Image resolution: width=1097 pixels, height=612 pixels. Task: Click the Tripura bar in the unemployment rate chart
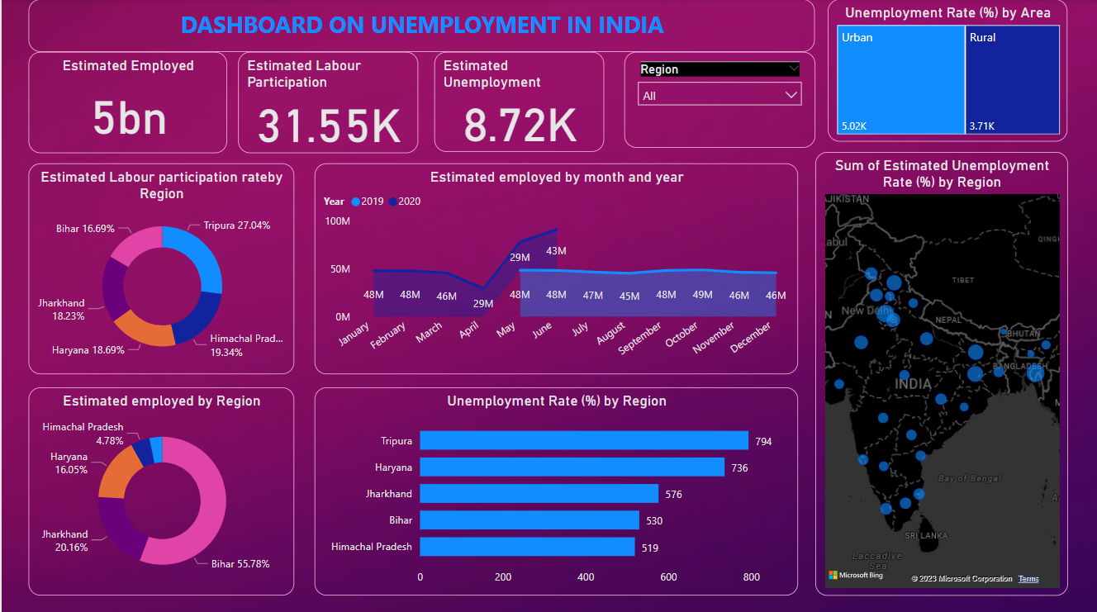tap(583, 440)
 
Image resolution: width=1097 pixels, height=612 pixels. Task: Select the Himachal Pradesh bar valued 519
tap(527, 547)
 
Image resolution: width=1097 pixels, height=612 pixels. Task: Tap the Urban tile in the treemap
tap(900, 79)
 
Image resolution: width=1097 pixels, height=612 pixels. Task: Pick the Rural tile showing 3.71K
tap(1013, 79)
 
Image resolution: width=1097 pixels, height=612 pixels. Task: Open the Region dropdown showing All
tap(719, 96)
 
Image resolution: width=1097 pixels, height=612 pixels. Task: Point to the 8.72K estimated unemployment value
tap(520, 126)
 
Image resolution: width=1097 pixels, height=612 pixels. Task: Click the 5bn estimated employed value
tap(129, 119)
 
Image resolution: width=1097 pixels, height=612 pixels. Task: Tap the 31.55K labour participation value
tap(329, 126)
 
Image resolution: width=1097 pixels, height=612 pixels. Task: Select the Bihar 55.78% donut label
tap(240, 564)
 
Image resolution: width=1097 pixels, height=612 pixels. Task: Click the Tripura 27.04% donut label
tap(236, 225)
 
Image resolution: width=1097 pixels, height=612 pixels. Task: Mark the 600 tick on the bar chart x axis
tap(668, 577)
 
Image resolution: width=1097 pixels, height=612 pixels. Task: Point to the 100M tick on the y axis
tap(338, 221)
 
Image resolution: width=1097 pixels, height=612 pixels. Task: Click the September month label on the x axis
tap(643, 339)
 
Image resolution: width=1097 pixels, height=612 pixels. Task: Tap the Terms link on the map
tap(1028, 579)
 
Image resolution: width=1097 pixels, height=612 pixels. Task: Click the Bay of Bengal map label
tap(969, 478)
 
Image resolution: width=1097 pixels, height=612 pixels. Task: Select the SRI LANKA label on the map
tap(926, 535)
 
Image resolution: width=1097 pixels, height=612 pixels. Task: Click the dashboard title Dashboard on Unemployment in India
tap(422, 25)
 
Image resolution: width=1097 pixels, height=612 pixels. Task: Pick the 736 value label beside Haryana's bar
tap(739, 468)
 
